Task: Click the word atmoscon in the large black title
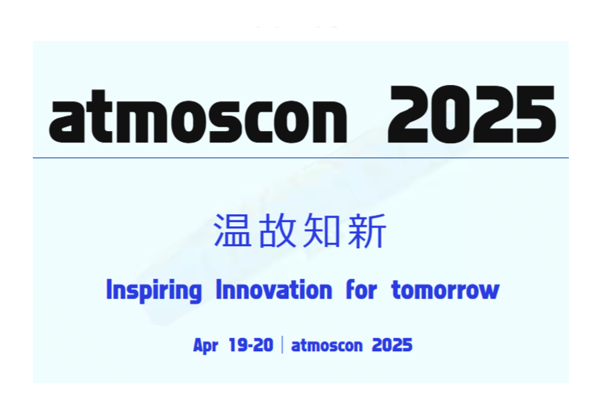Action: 198,116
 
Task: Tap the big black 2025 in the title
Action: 472,114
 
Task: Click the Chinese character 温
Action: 232,230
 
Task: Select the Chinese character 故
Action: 277,230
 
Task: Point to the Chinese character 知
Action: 322,230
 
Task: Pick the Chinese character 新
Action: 366,230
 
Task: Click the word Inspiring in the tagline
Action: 154,290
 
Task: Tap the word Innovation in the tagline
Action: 274,290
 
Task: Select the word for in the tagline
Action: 361,290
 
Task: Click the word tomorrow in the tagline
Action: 446,290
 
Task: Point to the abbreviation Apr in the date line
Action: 206,346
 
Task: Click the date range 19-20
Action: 251,345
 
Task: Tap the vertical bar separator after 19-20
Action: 283,344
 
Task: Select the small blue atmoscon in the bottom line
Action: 327,345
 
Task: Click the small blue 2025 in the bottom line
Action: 392,345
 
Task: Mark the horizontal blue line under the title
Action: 301,157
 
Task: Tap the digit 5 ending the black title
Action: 536,114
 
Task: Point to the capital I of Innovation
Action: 219,289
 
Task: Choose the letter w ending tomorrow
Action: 489,292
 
